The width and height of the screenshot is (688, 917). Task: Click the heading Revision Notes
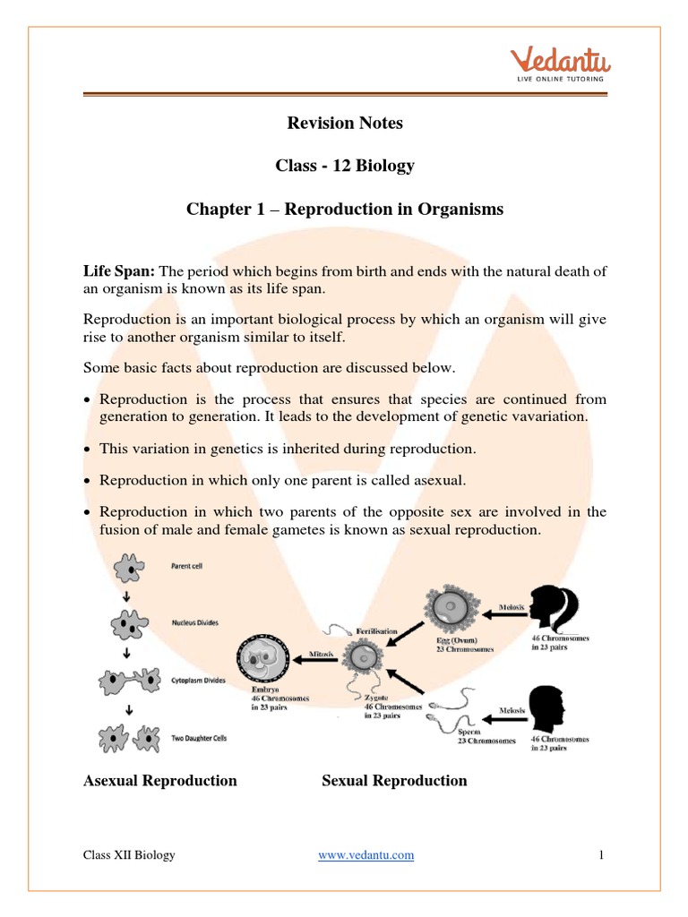tap(345, 123)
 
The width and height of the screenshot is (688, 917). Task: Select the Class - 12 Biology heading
tap(345, 166)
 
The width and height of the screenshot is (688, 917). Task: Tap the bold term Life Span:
tap(119, 271)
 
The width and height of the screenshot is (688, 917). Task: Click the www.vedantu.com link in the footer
tap(366, 855)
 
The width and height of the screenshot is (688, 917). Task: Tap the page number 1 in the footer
tap(602, 855)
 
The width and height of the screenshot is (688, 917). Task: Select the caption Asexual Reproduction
tap(160, 781)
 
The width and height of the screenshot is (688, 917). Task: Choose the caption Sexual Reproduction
tap(394, 781)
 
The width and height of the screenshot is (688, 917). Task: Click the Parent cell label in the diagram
tap(193, 566)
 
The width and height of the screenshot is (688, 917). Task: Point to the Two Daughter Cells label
tap(206, 739)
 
